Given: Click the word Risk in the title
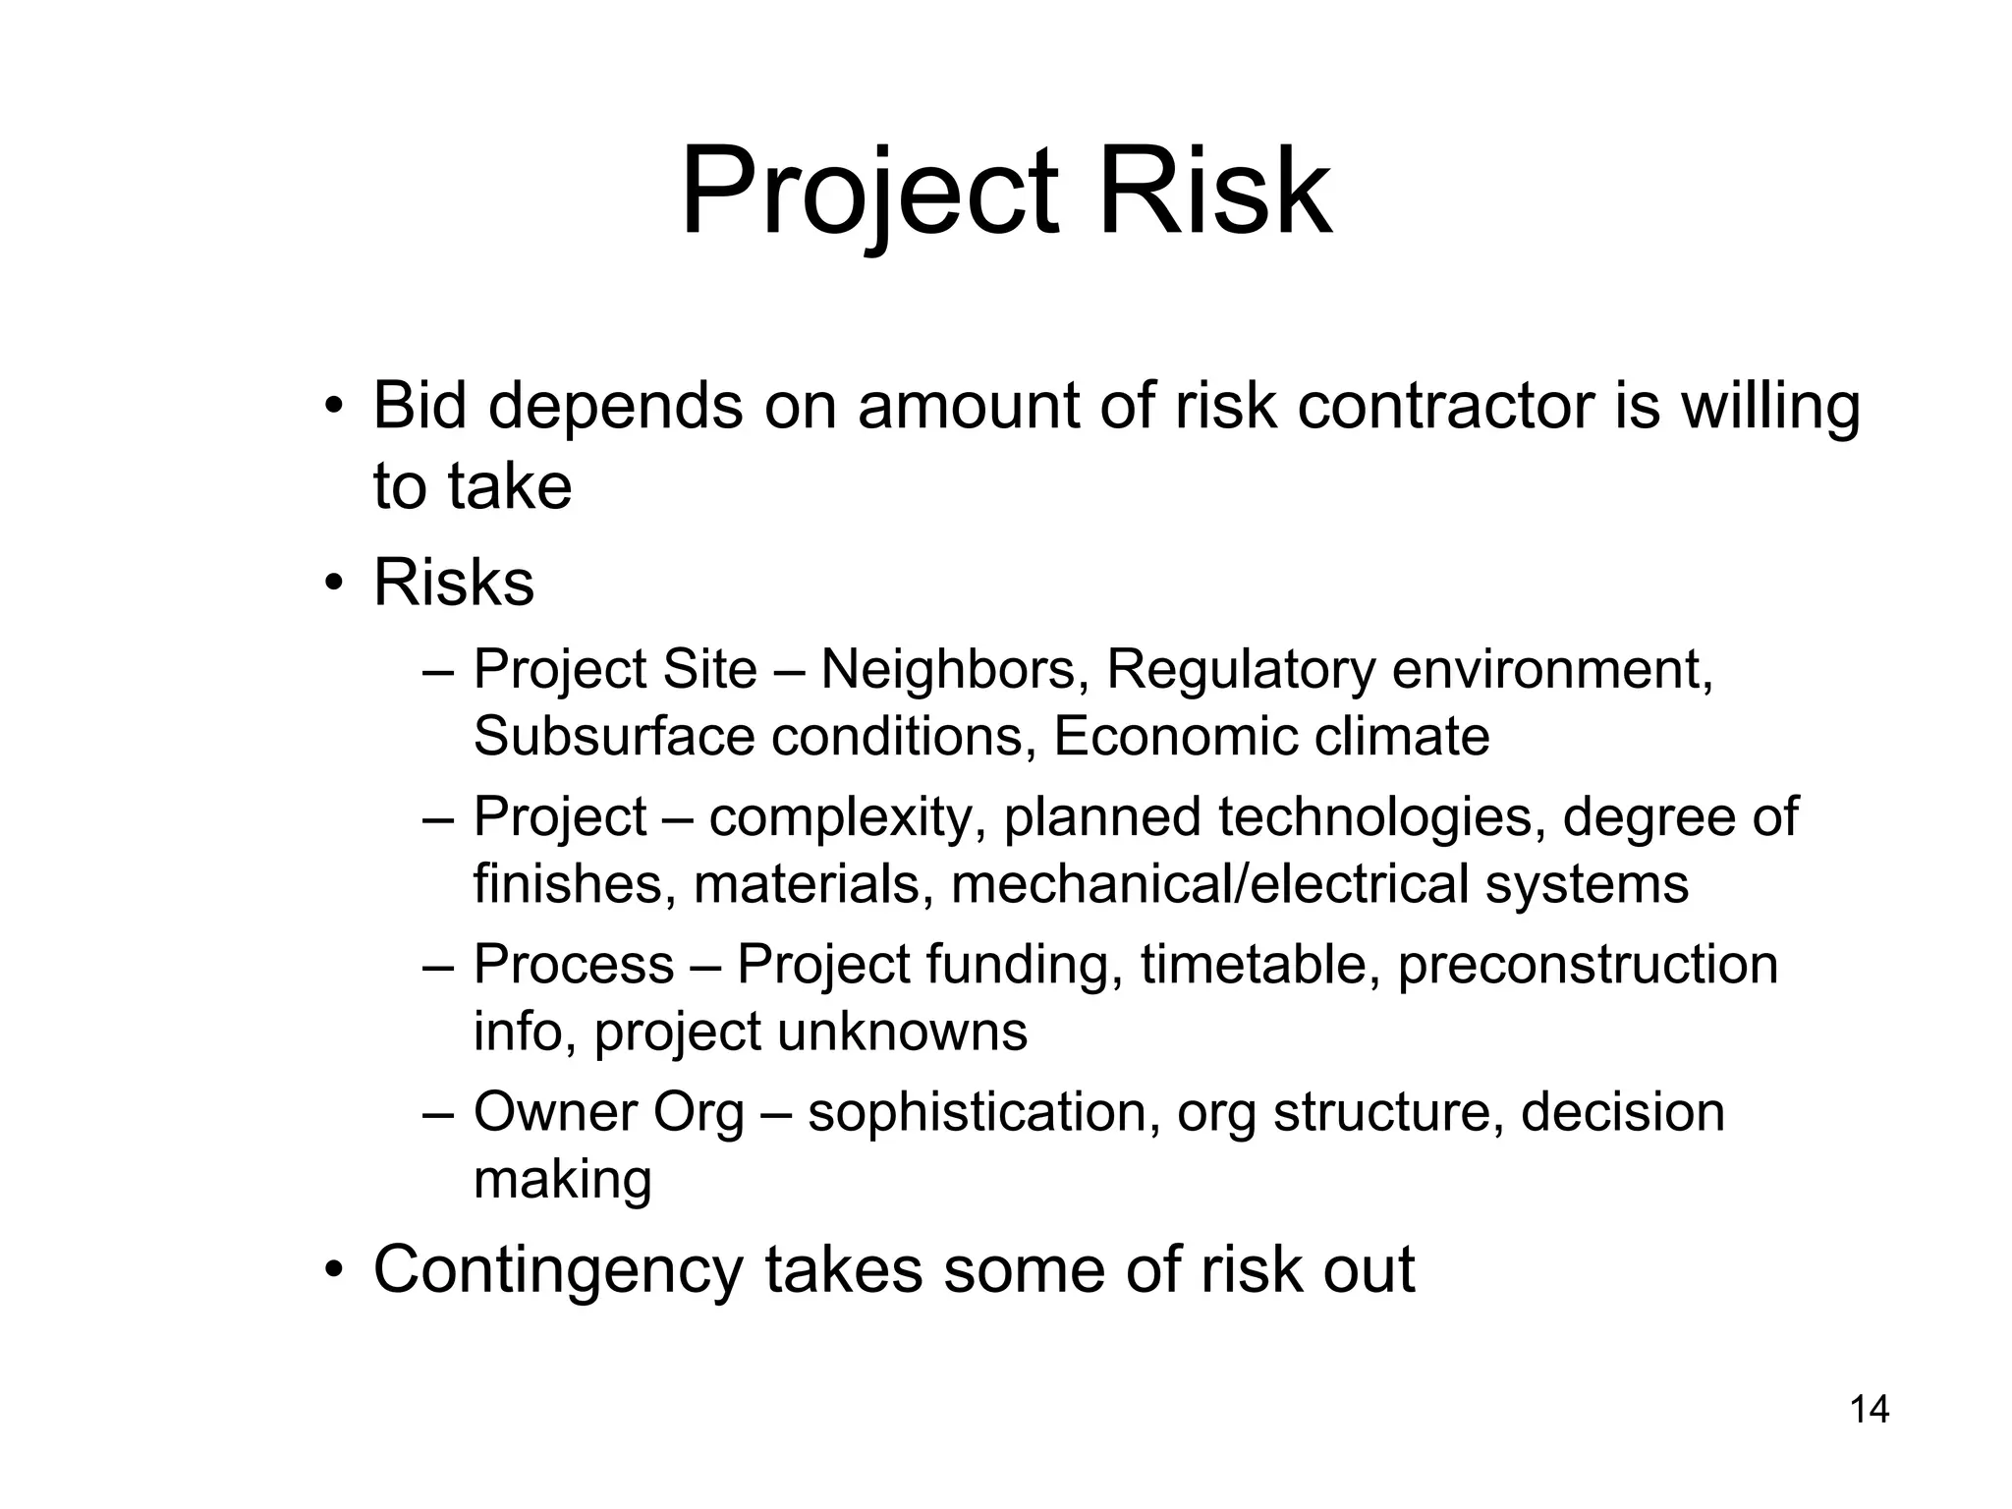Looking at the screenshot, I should click(1214, 192).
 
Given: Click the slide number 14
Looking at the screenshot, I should click(1869, 1410).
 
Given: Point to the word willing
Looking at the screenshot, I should click(1770, 408).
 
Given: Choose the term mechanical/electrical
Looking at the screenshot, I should click(1209, 883).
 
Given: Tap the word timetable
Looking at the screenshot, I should click(1255, 965).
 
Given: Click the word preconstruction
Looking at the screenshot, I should click(1587, 965).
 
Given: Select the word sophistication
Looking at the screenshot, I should click(977, 1113).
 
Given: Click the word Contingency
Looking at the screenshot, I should click(558, 1270).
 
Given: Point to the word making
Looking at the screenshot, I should click(562, 1180).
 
